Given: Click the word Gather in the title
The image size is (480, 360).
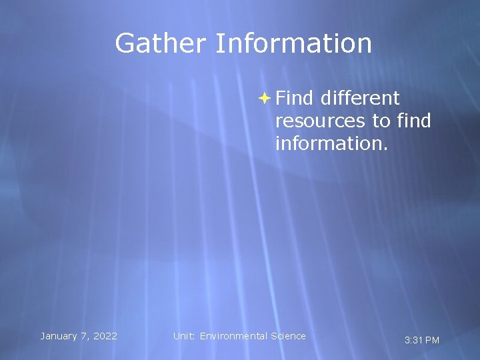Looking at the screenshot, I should tap(161, 43).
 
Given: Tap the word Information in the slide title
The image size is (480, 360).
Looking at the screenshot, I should tap(293, 43).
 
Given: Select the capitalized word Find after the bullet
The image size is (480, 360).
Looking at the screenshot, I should tap(294, 99).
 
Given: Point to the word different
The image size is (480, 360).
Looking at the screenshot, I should tap(359, 99).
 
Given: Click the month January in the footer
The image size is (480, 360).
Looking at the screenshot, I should tap(59, 336).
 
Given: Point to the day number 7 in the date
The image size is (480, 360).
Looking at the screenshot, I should tap(84, 336).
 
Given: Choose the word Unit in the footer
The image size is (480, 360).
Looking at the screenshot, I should tap(184, 336).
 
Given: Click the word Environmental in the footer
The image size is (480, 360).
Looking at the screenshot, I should tap(233, 336).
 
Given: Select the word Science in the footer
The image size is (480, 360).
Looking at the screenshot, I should tap(288, 336).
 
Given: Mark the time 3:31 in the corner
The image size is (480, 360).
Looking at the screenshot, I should tap(413, 341).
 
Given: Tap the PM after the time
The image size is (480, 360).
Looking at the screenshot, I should tap(432, 341).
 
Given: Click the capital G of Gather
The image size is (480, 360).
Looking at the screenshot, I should tap(125, 43).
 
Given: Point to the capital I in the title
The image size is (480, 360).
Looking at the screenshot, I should tap(218, 43).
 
